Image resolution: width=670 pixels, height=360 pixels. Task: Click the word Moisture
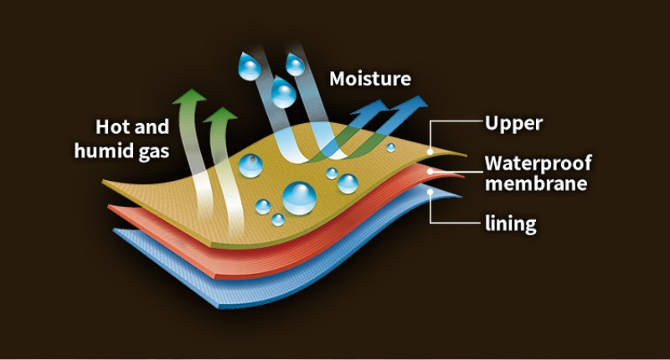point(370,80)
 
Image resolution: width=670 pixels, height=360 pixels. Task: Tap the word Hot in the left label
point(111,128)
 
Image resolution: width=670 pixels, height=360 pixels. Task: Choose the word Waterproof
point(538,162)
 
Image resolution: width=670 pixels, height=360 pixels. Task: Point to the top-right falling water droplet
point(296,64)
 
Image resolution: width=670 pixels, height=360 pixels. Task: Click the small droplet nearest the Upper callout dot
point(390,147)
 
